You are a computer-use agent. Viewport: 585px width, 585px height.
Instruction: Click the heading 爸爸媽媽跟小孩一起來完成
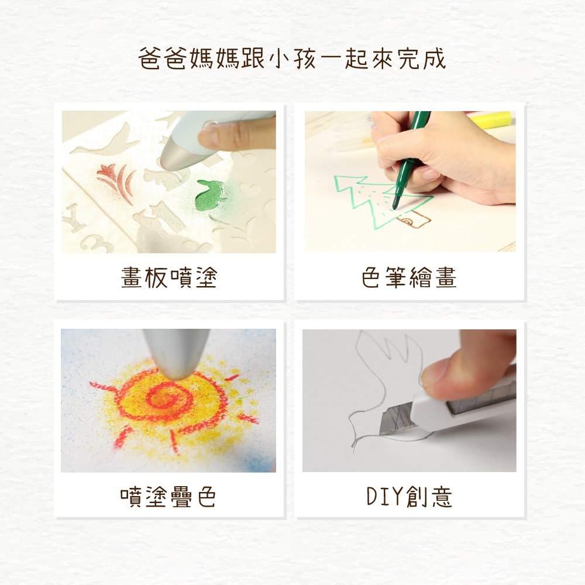click(x=292, y=58)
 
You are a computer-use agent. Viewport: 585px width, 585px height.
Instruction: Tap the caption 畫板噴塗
click(x=169, y=277)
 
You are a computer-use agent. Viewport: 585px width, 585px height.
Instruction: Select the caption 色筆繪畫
click(x=409, y=277)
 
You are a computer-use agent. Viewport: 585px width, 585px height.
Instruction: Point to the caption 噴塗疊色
click(x=168, y=497)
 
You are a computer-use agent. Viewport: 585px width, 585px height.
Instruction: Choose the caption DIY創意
click(x=409, y=497)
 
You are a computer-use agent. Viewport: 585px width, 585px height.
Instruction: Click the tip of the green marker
click(x=395, y=204)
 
